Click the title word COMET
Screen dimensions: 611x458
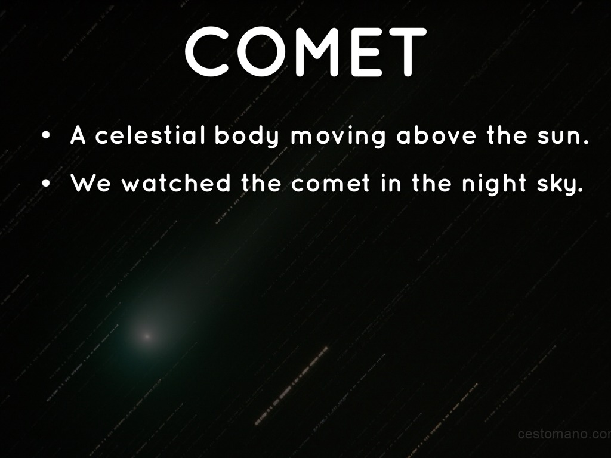(x=305, y=52)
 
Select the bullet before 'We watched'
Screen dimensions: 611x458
(x=46, y=184)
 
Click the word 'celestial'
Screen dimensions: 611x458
(x=150, y=135)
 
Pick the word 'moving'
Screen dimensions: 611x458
(x=338, y=138)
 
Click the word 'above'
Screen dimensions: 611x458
(x=436, y=135)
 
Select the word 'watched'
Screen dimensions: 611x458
(x=176, y=182)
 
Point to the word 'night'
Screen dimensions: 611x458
(x=494, y=184)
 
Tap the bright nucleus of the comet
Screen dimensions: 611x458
(x=147, y=336)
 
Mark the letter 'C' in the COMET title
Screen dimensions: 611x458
(x=206, y=52)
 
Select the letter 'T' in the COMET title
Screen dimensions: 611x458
(x=408, y=52)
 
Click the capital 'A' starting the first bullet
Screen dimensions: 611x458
(x=78, y=135)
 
